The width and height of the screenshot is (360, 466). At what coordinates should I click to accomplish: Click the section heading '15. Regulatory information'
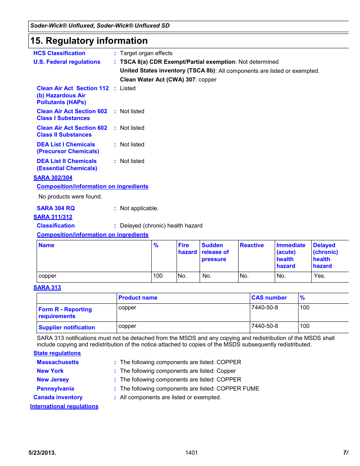coord(89,41)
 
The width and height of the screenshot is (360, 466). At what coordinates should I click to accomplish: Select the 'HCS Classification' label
coord(59,53)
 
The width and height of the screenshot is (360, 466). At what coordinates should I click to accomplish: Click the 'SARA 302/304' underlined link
coord(53,178)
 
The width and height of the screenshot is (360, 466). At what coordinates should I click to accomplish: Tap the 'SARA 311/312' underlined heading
coord(53,217)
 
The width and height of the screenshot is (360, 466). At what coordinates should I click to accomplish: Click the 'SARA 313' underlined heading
coord(47,288)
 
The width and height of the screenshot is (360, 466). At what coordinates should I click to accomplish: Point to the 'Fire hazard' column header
coord(187,249)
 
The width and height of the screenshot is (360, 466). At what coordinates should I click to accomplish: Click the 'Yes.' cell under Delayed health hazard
coord(319,276)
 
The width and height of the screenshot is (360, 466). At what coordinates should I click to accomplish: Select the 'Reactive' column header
coord(252,245)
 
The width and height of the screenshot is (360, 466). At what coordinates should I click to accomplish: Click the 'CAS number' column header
coord(269,298)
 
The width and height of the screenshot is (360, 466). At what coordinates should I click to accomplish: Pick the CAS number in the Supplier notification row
coord(265,326)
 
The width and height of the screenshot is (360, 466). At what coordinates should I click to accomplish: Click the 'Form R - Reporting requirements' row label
coord(65,313)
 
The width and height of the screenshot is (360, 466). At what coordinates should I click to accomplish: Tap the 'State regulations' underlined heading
coord(57,353)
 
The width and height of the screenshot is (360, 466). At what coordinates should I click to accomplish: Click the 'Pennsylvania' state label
coord(55,389)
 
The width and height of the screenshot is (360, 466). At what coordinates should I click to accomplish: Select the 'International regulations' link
coord(64,406)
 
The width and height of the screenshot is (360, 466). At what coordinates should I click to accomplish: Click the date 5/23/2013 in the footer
coord(42,453)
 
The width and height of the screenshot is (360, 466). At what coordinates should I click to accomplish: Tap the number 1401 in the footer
coord(191,453)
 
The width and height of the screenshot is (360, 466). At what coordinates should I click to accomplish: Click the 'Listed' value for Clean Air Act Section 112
coord(128,88)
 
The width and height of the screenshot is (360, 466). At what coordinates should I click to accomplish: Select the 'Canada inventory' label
coord(58,397)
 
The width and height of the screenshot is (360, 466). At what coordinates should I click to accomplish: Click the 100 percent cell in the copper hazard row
coord(158,276)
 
